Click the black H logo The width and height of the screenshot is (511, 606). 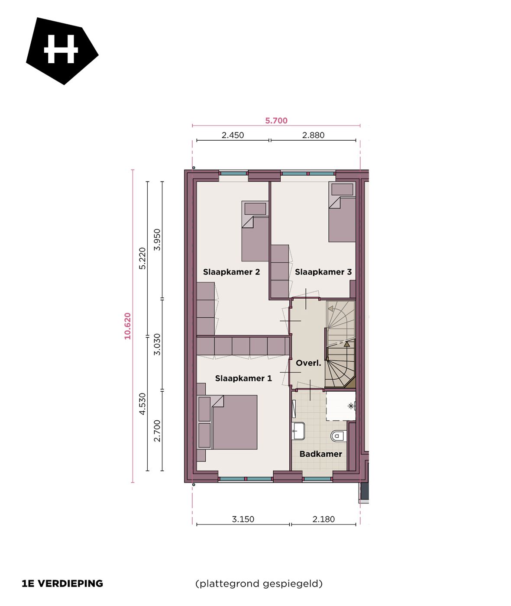pos(61,50)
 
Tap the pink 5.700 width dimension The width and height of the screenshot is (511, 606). pos(276,121)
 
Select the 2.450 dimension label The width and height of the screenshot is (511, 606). pos(233,135)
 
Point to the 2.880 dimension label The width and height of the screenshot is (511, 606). pos(313,135)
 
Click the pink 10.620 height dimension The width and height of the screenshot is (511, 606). pos(127,326)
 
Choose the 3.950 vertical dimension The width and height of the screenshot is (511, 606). pos(157,239)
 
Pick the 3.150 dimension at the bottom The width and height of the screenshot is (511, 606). pos(243,519)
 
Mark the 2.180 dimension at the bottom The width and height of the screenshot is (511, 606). pos(323,519)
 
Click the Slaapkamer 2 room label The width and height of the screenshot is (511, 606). pos(231,272)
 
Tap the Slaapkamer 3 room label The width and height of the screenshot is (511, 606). pos(323,272)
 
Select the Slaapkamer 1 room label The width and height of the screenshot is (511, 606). pos(243,378)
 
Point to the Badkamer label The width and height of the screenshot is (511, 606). pos(320,454)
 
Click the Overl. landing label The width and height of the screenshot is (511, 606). pos(308,363)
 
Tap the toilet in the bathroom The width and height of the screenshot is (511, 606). pos(338,435)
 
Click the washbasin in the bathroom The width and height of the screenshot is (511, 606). pos(298,431)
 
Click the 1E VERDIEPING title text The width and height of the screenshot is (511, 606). pos(62,583)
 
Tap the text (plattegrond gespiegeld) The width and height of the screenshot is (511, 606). pos(259,583)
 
